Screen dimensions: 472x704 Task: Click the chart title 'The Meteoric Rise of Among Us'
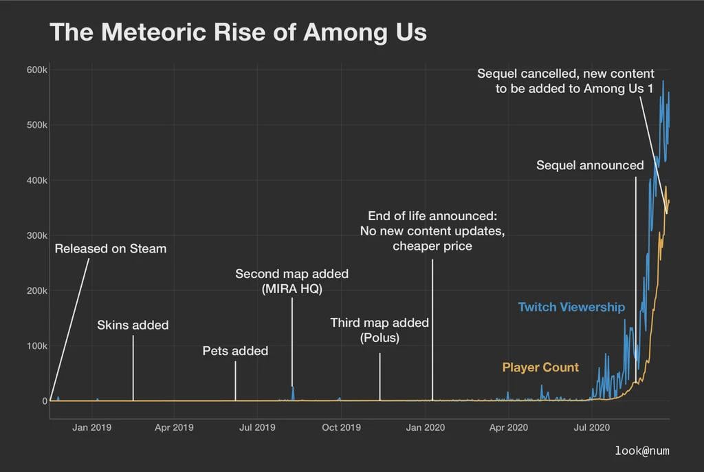coord(238,32)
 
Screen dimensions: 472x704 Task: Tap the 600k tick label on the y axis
coord(37,70)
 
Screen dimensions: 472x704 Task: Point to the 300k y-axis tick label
coord(37,235)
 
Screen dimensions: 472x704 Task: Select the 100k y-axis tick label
coord(37,345)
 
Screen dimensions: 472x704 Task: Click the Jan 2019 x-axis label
coord(91,427)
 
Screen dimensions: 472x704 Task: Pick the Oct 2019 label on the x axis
coord(341,427)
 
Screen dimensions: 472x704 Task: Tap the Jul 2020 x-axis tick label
coord(591,427)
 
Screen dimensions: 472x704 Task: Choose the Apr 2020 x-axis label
coord(508,427)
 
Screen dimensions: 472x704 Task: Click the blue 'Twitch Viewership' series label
coord(571,307)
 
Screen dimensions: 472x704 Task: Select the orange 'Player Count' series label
coord(540,367)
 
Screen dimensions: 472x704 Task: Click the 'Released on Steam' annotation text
coord(111,248)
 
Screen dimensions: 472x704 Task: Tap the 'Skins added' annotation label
coord(133,325)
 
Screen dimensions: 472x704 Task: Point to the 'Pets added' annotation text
coord(235,351)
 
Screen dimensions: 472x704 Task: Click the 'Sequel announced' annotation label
coord(590,165)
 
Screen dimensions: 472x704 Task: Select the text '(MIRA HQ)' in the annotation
coord(291,289)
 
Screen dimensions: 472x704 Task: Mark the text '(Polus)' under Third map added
coord(379,338)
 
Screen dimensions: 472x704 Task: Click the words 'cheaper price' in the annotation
coord(432,246)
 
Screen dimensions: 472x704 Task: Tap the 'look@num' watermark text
coord(642,451)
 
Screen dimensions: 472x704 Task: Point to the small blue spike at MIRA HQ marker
coord(293,392)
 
